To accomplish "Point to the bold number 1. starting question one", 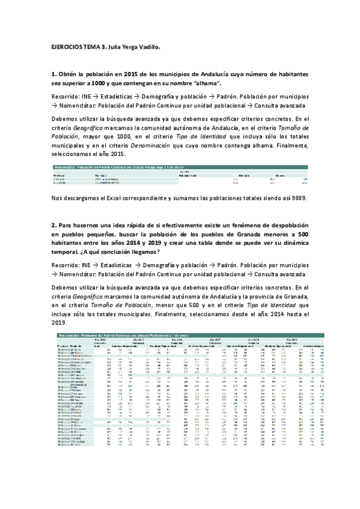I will coord(53,74).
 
